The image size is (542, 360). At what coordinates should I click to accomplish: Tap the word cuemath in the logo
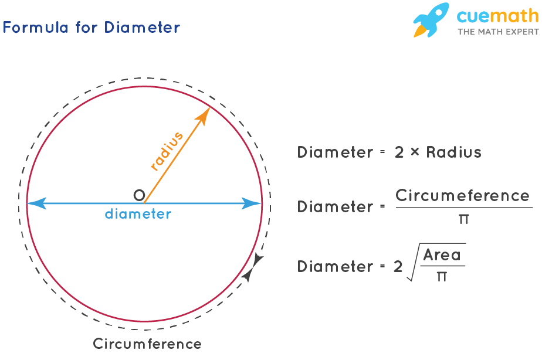point(497,16)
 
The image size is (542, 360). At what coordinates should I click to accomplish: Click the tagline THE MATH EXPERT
point(497,32)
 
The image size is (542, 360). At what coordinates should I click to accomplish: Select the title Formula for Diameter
point(92,28)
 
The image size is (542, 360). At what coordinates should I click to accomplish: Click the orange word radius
point(167,151)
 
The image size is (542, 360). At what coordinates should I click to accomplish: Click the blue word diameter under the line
point(138,214)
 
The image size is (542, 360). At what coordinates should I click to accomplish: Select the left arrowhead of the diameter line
point(35,204)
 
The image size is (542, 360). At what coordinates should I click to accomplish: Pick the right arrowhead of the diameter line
point(253,204)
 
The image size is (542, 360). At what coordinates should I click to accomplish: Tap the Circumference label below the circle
point(147,344)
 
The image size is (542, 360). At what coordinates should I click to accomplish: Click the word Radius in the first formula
point(453,152)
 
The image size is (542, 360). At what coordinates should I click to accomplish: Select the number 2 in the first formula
point(399,152)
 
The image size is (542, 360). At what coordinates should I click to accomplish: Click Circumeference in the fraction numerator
point(462,195)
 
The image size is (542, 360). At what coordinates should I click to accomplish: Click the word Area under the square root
point(442,255)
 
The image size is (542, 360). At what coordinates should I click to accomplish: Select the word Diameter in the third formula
point(335,267)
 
